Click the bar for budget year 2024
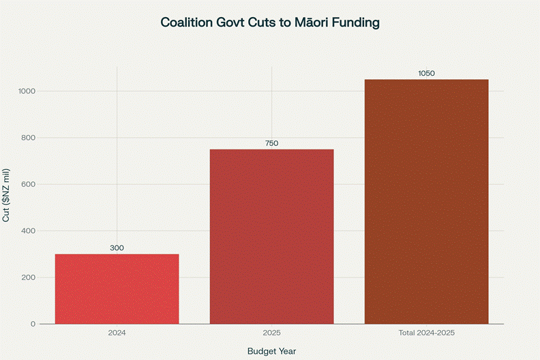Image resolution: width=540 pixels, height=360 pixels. click(x=117, y=289)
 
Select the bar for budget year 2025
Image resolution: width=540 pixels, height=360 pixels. click(x=271, y=237)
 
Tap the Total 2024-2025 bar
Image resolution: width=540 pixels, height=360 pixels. click(x=426, y=202)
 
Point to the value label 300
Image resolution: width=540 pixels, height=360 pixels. click(x=117, y=248)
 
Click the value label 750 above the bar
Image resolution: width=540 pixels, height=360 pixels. click(x=271, y=143)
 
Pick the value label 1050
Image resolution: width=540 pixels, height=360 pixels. click(x=426, y=74)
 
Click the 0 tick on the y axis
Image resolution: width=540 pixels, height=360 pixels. click(x=33, y=324)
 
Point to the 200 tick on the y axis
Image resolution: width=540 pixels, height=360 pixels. click(x=29, y=277)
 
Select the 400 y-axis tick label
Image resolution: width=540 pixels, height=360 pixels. click(x=29, y=231)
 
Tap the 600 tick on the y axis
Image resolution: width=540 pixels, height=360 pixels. click(x=29, y=184)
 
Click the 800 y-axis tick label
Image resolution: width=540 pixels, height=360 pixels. click(x=29, y=138)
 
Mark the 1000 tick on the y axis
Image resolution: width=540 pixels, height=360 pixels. click(x=27, y=91)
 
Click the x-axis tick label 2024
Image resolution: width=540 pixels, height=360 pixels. click(x=117, y=333)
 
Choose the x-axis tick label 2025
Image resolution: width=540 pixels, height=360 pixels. click(x=271, y=333)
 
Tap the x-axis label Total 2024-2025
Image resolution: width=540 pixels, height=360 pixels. click(x=426, y=333)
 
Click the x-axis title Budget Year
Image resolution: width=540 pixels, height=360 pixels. click(x=271, y=350)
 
